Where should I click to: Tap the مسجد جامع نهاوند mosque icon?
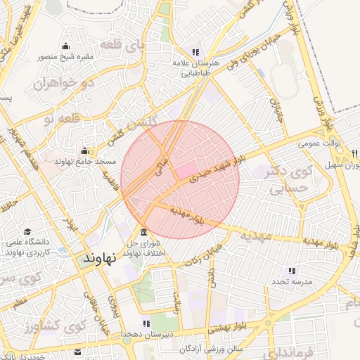[84, 150]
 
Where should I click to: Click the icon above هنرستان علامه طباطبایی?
[195, 52]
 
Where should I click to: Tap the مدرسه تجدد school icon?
[292, 271]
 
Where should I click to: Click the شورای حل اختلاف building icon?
[144, 233]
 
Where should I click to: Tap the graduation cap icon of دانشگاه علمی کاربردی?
[27, 231]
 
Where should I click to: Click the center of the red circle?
[180, 179]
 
